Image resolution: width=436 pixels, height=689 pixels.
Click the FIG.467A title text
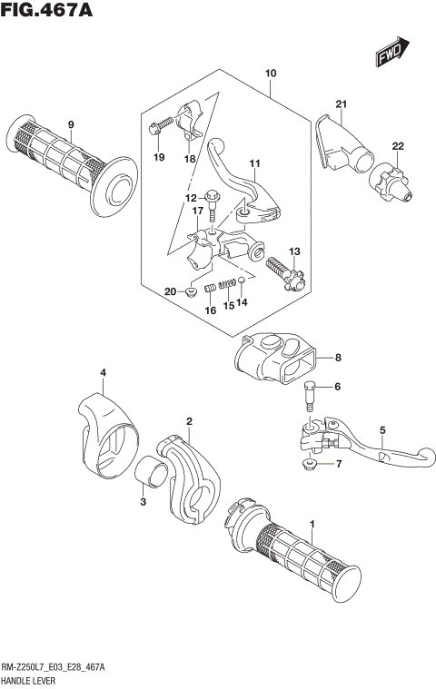click(x=50, y=12)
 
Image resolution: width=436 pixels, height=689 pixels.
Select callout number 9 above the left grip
click(x=71, y=124)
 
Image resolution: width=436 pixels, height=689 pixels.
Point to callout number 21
click(x=341, y=103)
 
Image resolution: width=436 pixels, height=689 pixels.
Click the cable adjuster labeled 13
click(x=283, y=270)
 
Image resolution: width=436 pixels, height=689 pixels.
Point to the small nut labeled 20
click(x=192, y=291)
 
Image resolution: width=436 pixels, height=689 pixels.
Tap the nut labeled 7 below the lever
click(x=309, y=465)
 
